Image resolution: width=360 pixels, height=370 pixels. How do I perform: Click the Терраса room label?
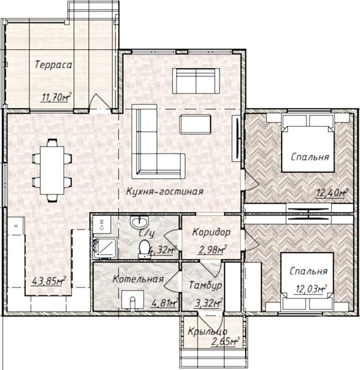point(53,65)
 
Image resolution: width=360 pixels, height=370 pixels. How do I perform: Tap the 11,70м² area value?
point(56,97)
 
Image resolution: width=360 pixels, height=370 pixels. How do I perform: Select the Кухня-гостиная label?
point(165,191)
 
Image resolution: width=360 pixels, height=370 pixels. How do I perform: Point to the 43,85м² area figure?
point(49,281)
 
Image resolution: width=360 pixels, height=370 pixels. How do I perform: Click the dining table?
point(52,170)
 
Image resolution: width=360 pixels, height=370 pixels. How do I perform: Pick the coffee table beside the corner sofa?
point(195,124)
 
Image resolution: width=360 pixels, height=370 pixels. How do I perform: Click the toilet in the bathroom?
point(144,249)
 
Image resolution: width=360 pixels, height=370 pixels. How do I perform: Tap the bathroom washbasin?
point(139,222)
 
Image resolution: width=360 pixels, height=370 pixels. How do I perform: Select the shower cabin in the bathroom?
point(105,248)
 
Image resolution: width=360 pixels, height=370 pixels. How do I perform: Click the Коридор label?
point(211,232)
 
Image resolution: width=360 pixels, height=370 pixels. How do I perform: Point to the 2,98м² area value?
point(212,250)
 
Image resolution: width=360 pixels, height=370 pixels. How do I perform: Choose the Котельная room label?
point(138,279)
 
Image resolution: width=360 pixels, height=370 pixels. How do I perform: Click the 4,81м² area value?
point(164,303)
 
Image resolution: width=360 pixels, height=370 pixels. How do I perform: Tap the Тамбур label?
point(205,285)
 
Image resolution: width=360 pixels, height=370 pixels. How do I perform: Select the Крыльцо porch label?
point(207,331)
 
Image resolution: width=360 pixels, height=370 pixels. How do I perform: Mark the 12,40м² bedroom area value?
point(332,193)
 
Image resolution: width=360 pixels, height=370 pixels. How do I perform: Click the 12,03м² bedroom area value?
point(311,289)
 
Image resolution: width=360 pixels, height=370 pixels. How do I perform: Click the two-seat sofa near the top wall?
point(196,81)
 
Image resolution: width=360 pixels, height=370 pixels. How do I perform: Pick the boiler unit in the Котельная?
point(132,299)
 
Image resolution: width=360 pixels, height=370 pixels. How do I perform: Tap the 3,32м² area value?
point(208,303)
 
